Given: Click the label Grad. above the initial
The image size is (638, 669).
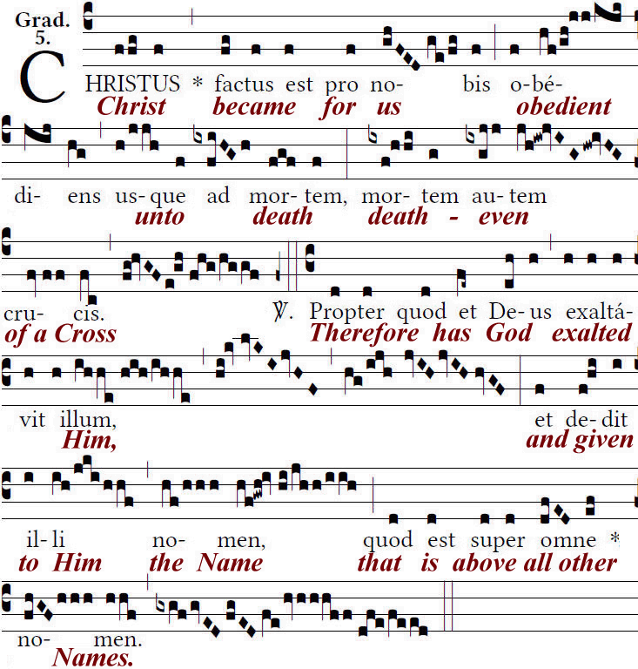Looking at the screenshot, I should pyautogui.click(x=36, y=18).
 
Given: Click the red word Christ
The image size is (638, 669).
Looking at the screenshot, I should pyautogui.click(x=131, y=107).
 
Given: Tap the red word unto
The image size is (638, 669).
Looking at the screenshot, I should pyautogui.click(x=159, y=217).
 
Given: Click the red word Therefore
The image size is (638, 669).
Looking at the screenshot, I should pyautogui.click(x=361, y=333).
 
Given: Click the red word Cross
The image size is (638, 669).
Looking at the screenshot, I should pyautogui.click(x=85, y=334).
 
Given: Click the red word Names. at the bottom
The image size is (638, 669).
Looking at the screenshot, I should pyautogui.click(x=93, y=658).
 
